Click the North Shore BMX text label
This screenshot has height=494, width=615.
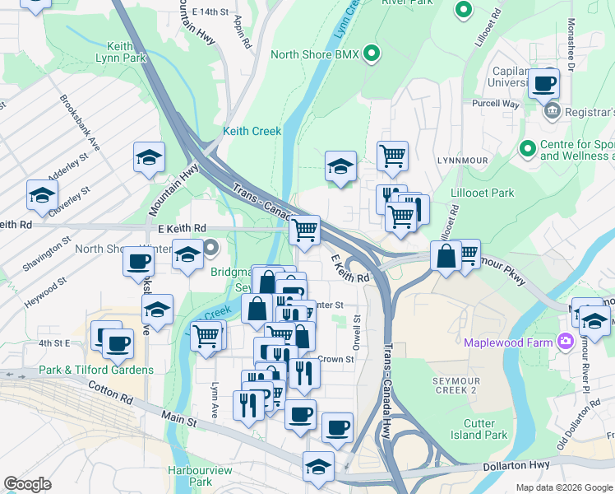point(316,55)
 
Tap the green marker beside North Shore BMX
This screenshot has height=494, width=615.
point(372,54)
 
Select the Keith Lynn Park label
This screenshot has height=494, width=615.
point(121,52)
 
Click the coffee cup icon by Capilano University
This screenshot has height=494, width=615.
point(544,82)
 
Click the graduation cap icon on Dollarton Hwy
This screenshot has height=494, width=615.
point(318,466)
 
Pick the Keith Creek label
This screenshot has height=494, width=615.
point(252,131)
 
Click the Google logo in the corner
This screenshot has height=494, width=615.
point(27,484)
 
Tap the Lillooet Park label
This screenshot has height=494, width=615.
point(483,193)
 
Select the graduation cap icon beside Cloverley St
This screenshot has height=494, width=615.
point(41,195)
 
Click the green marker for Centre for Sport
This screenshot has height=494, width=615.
point(527,148)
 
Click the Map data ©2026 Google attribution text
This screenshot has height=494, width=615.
point(563,487)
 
